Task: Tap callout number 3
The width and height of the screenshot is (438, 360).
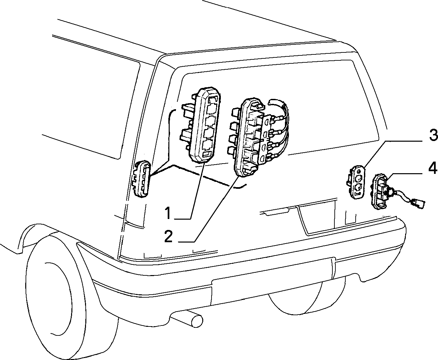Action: coord(433,135)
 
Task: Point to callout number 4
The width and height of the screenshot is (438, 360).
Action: coord(433,168)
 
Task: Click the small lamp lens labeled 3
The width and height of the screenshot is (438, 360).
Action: coord(356,182)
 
